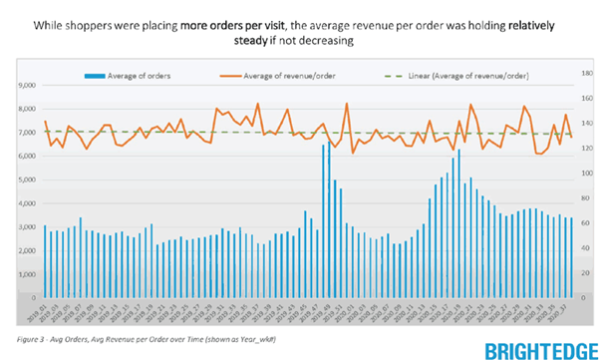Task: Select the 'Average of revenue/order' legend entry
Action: [x=291, y=75]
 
